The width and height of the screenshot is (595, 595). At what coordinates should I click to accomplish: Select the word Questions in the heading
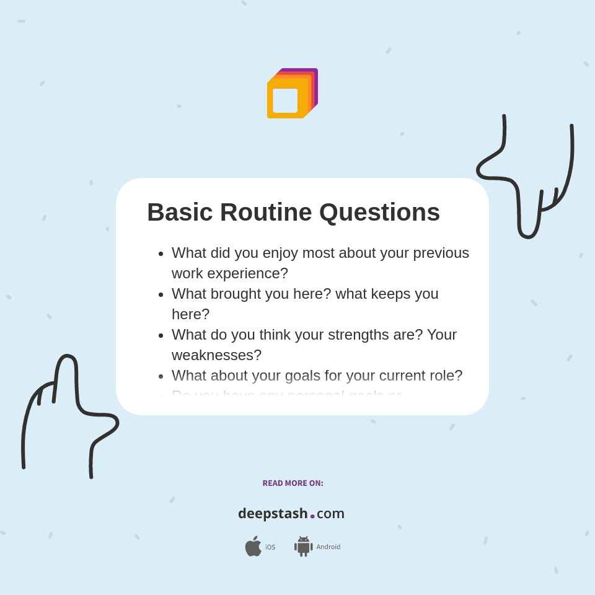coord(379,213)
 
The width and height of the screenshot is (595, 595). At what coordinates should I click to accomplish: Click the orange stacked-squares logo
coord(291,94)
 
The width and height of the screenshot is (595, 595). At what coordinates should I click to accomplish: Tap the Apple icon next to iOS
coord(253,546)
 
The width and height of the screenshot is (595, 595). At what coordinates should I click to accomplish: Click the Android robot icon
coord(303,546)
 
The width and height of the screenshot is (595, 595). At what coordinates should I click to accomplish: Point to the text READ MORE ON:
coord(293,483)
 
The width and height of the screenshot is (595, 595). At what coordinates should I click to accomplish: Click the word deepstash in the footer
coord(273,514)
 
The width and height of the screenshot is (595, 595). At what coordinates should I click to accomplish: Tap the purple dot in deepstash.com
coord(312,516)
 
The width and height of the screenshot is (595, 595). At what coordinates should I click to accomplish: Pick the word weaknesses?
coord(216,355)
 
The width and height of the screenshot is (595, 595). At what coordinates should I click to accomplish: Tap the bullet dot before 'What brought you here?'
coord(161,294)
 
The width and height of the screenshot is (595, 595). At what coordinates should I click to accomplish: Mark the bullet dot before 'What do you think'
coord(161,335)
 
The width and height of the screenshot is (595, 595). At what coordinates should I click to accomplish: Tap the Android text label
coord(328,547)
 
